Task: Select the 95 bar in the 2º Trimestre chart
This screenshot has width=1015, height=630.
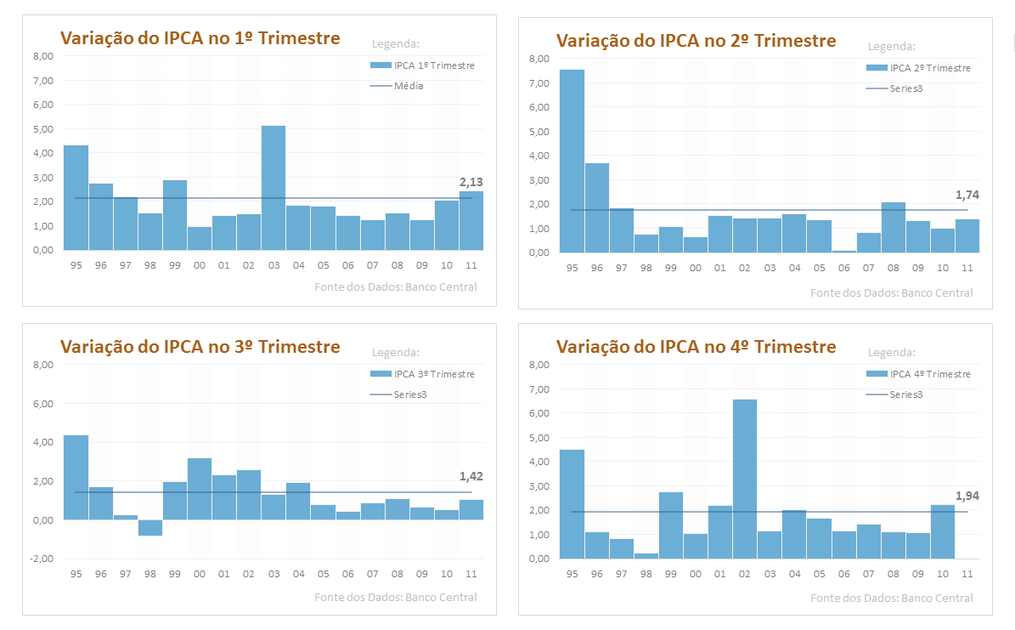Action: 572,161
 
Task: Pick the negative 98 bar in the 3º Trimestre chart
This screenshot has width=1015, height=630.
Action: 150,528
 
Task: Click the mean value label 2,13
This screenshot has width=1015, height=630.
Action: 471,183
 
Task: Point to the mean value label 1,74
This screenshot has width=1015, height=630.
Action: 967,195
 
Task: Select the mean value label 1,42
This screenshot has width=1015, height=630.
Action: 471,476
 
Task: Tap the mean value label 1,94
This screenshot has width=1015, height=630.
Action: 967,496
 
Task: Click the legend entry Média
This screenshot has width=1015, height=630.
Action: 409,86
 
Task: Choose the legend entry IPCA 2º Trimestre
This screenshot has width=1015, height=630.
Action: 929,68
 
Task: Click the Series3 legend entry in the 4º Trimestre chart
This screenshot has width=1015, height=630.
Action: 905,394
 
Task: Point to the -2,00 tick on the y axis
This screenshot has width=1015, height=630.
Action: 42,559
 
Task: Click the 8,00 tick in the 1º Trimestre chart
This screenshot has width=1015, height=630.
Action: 42,56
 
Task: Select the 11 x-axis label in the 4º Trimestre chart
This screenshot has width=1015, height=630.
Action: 967,574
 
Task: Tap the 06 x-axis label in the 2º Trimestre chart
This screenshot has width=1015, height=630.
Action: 843,268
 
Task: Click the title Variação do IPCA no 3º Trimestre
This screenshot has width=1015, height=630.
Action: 200,347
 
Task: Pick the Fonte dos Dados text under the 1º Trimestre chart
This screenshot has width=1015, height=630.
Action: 395,287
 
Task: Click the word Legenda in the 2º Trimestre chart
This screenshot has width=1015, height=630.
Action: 891,47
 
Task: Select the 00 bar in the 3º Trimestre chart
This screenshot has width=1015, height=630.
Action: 200,488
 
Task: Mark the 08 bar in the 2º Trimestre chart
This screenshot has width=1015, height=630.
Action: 893,227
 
